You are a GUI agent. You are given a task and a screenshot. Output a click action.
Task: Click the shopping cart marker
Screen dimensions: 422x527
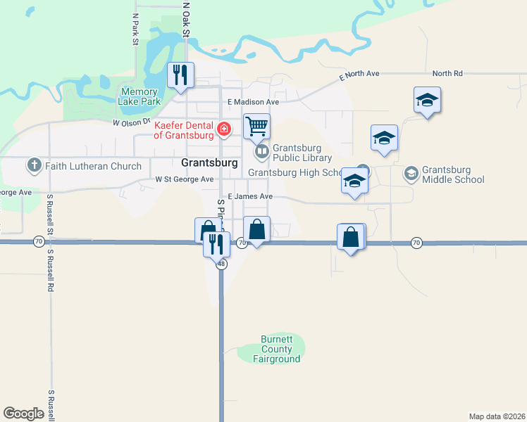(x=256, y=127)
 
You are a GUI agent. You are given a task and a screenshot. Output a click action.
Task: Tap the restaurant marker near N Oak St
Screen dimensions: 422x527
(x=180, y=75)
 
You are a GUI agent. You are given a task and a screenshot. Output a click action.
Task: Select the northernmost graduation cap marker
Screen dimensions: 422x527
(x=427, y=100)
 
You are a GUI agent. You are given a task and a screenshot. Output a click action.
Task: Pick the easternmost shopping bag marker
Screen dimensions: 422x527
(x=351, y=238)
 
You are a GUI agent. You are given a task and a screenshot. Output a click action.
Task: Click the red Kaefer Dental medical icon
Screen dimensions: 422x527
(x=223, y=129)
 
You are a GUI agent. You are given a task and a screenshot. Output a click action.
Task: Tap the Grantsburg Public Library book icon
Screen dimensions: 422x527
(x=261, y=152)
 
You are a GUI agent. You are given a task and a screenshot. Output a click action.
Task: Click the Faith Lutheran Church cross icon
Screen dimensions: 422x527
(x=34, y=166)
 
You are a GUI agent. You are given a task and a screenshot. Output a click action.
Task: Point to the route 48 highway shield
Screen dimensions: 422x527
(x=221, y=264)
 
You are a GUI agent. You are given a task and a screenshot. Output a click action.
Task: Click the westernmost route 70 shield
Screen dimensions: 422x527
(x=37, y=241)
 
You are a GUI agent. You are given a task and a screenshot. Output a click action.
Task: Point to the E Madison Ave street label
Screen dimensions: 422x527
(x=253, y=102)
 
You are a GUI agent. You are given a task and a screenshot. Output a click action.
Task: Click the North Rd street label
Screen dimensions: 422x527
(x=447, y=73)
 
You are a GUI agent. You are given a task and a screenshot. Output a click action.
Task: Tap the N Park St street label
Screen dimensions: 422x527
(x=135, y=29)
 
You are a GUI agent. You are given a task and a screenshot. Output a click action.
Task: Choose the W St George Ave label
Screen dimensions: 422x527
(x=184, y=179)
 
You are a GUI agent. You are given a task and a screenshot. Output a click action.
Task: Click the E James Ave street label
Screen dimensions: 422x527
(x=249, y=197)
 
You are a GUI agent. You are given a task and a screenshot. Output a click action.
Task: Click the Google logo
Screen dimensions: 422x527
(x=23, y=414)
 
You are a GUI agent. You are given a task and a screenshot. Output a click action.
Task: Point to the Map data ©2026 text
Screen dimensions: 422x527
(x=497, y=416)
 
